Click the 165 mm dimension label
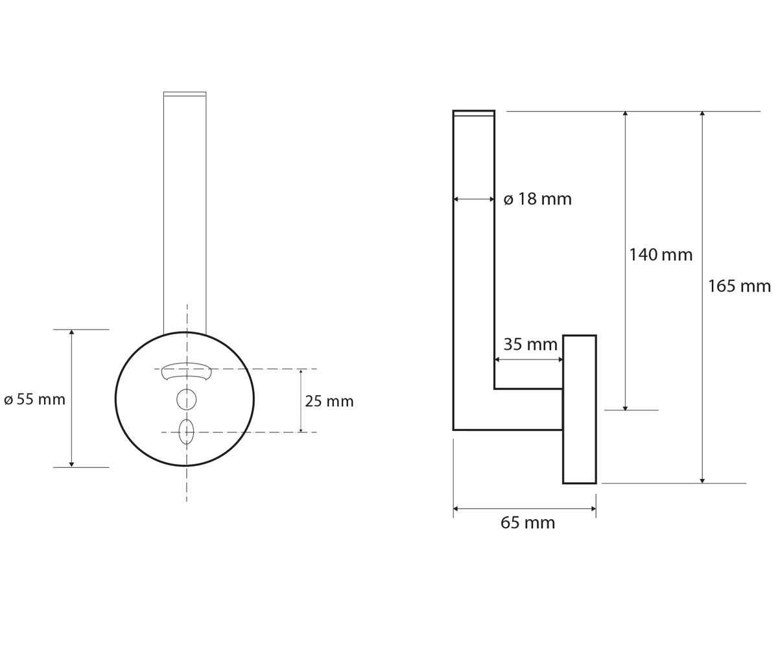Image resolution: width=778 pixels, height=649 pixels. pos(739,286)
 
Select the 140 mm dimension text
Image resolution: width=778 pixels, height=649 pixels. pos(661,255)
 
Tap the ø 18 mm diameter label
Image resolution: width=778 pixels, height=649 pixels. pos(537,199)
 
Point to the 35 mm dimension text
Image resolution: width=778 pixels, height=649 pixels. pos(530,344)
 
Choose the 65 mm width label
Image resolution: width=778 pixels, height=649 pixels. pos(528,523)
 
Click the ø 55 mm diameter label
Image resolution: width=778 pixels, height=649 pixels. pos(34,400)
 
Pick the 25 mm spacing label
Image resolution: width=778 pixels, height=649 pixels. pos(329,401)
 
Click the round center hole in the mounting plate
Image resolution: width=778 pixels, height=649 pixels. pos(186,400)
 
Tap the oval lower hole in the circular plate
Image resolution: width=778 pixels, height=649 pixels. pos(186,432)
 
